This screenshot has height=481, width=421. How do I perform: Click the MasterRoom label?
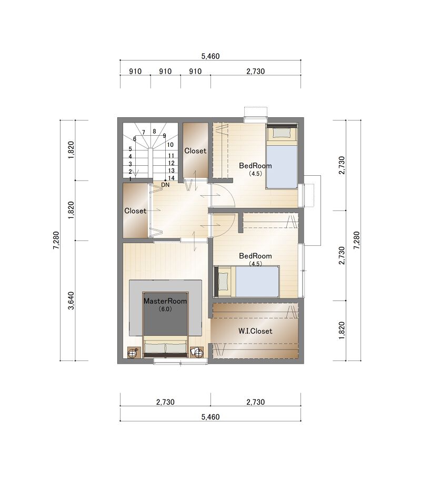(x=165, y=301)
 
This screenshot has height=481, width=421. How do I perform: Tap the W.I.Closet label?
(x=255, y=331)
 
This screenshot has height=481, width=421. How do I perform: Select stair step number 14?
(x=171, y=178)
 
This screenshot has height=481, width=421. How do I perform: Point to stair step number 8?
(x=154, y=131)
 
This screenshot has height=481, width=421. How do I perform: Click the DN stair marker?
(x=165, y=185)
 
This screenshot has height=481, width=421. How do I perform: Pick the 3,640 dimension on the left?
(x=71, y=300)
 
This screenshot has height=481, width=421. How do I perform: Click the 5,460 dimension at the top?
(x=210, y=56)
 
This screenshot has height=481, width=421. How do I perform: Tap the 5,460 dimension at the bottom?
(x=210, y=417)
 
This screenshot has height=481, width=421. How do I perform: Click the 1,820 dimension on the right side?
(x=342, y=330)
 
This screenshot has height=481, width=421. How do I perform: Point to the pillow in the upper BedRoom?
(x=282, y=133)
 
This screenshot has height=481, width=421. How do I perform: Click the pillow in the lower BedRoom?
(x=223, y=282)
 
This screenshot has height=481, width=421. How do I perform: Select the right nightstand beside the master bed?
(x=197, y=352)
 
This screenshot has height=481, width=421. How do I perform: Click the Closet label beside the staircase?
(x=195, y=151)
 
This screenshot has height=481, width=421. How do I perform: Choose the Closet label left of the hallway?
(x=135, y=211)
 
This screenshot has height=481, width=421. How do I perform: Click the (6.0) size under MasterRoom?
(x=165, y=309)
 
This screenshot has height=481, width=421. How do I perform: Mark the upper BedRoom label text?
(x=255, y=166)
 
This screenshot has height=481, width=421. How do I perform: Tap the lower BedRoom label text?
(x=255, y=256)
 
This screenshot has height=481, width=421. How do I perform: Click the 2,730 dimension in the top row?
(x=256, y=71)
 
